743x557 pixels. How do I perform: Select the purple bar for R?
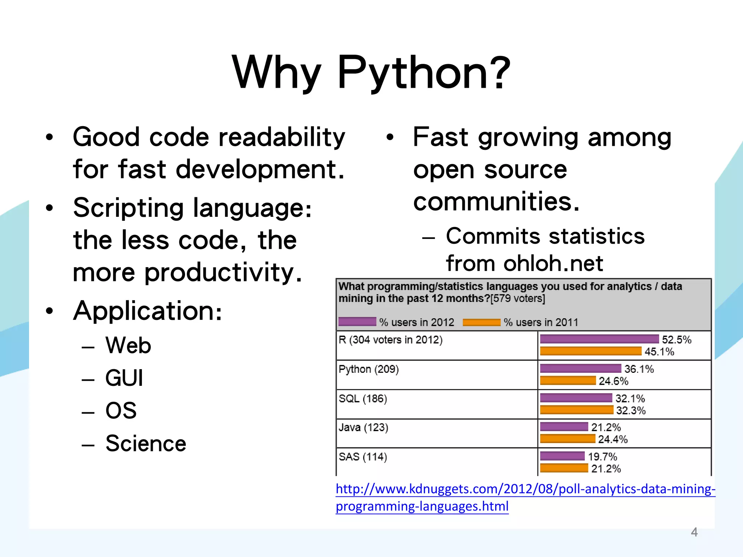tap(599, 339)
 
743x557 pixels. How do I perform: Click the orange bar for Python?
tap(568, 380)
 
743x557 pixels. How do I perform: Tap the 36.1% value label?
tap(639, 369)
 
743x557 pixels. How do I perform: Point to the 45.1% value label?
tap(659, 351)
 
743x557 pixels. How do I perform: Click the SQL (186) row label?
tap(363, 399)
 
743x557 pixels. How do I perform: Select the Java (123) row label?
tap(364, 428)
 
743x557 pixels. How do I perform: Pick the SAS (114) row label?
tap(363, 457)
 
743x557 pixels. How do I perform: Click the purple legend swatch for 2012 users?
tap(357, 322)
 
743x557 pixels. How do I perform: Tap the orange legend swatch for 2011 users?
tap(481, 322)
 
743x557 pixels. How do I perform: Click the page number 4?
tap(694, 532)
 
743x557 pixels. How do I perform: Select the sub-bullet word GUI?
tap(124, 378)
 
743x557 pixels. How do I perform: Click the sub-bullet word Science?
tap(146, 443)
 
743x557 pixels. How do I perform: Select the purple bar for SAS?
tap(562, 456)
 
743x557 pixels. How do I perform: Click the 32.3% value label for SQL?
tap(631, 410)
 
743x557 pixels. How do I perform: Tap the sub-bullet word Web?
tap(128, 345)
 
